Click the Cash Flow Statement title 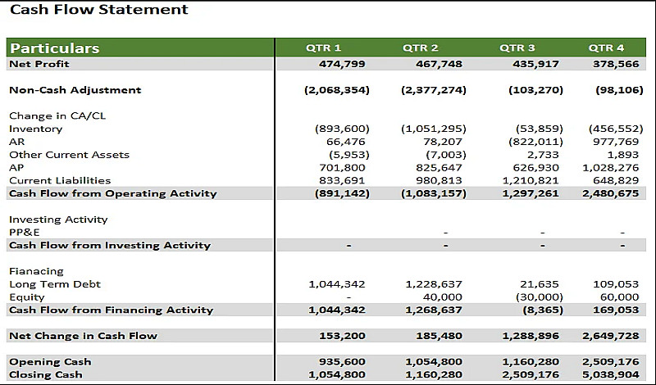point(99,10)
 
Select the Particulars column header point(54,48)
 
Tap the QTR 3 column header point(517,48)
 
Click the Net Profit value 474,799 point(342,64)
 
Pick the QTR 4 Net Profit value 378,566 point(616,64)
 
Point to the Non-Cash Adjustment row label point(75,90)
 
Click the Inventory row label point(35,129)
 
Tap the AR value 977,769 point(616,142)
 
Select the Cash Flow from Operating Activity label point(112,193)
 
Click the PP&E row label point(25,232)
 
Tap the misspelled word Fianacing point(36,271)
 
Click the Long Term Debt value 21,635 point(540,284)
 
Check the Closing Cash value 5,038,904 point(610,374)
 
